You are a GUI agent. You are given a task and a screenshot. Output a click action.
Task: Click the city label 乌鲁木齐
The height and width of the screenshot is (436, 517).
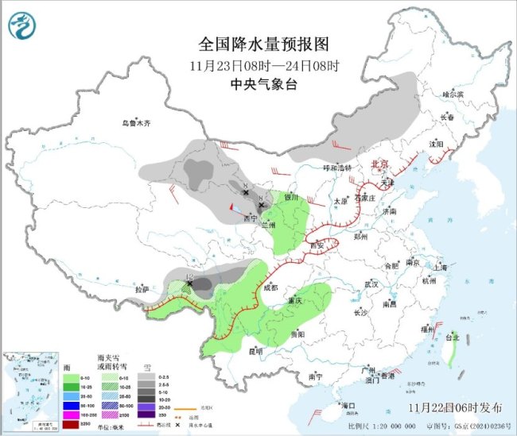tap(136, 123)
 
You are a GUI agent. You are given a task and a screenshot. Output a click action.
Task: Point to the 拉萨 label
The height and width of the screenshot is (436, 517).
tap(142, 290)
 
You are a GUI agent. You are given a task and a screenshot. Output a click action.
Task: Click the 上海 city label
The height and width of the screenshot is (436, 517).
tap(441, 268)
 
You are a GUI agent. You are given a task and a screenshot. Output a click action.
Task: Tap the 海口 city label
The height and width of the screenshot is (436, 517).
tap(348, 406)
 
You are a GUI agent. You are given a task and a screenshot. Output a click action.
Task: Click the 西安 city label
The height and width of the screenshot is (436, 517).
tap(316, 246)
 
